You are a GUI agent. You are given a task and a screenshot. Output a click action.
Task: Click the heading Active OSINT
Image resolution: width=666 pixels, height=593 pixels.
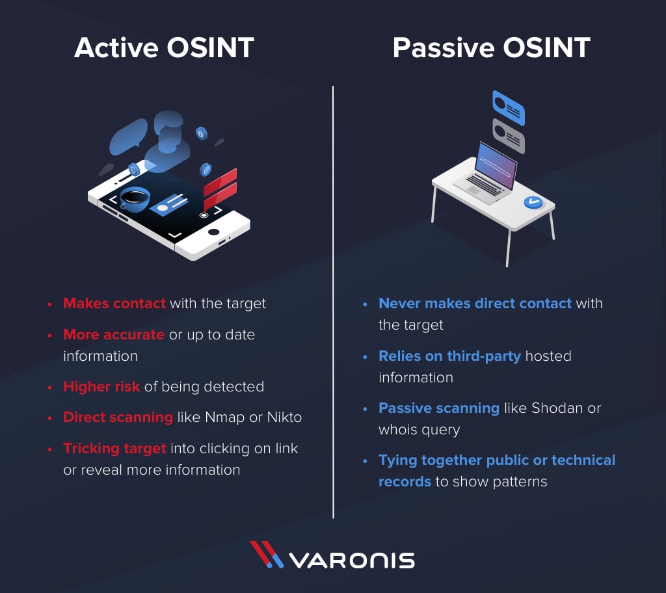click(164, 47)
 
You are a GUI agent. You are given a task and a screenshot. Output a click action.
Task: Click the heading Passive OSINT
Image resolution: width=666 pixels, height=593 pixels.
click(492, 47)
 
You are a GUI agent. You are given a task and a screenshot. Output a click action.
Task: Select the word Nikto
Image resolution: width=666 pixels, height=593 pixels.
click(284, 417)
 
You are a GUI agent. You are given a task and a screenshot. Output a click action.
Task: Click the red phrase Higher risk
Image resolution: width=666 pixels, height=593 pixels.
click(101, 386)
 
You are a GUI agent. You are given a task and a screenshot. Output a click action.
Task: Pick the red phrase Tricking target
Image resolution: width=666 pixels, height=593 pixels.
click(114, 449)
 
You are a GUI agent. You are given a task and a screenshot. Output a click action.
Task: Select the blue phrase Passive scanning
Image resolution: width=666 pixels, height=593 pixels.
click(439, 408)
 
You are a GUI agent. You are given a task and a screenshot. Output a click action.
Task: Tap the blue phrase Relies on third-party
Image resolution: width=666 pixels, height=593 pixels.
click(449, 356)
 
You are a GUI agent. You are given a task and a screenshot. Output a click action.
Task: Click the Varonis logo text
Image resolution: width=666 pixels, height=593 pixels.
click(352, 560)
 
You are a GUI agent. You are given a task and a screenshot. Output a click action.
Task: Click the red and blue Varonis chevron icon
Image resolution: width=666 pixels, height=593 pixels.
click(266, 555)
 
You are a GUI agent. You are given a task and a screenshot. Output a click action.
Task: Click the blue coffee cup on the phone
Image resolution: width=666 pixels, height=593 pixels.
click(135, 199)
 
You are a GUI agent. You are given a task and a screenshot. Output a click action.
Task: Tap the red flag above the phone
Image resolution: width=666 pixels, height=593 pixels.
click(220, 187)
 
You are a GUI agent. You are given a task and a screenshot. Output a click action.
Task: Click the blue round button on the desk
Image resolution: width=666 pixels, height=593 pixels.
click(533, 202)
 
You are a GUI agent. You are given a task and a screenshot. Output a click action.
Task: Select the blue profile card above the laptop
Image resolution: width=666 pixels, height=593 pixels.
click(509, 108)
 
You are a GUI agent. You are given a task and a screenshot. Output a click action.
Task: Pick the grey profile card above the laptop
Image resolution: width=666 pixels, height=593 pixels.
click(509, 136)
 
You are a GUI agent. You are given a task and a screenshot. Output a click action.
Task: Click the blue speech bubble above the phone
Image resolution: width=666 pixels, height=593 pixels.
click(128, 136)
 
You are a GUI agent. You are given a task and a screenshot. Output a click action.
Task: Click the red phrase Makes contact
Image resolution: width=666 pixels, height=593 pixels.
click(114, 303)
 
